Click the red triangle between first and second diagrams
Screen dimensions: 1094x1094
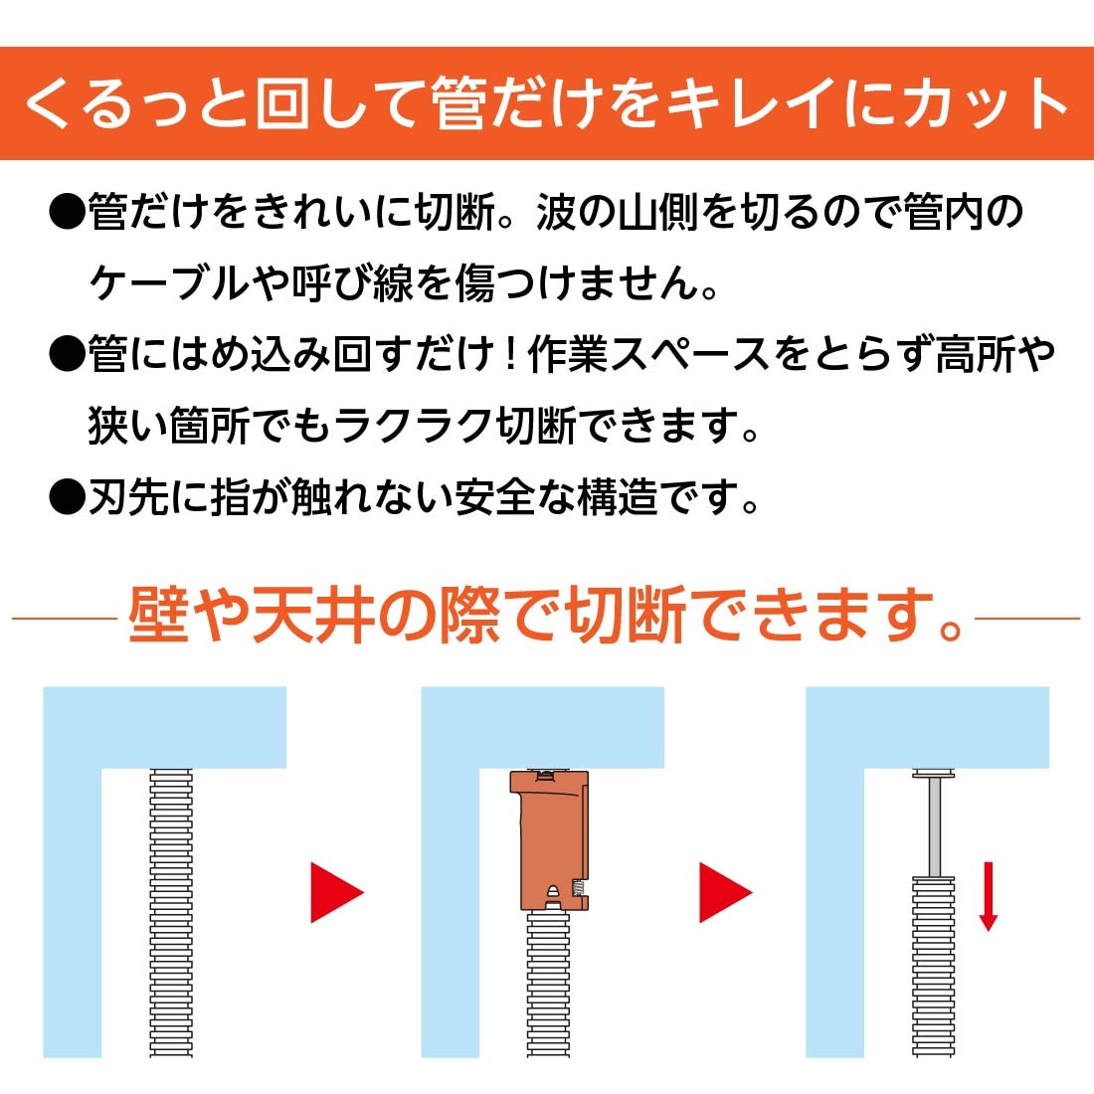[336, 892]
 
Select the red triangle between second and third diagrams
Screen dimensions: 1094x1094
[724, 892]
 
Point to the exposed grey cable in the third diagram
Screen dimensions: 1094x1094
[933, 825]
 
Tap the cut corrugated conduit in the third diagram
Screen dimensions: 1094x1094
[933, 965]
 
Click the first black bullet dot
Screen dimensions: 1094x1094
[68, 213]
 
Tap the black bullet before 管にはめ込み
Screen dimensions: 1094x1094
[68, 354]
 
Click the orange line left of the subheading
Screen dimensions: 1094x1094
[65, 619]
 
